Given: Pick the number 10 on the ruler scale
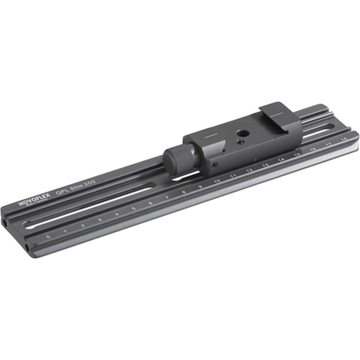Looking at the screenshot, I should [217, 180].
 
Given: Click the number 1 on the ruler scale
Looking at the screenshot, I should [65, 231].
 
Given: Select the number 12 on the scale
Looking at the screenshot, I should [249, 170].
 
